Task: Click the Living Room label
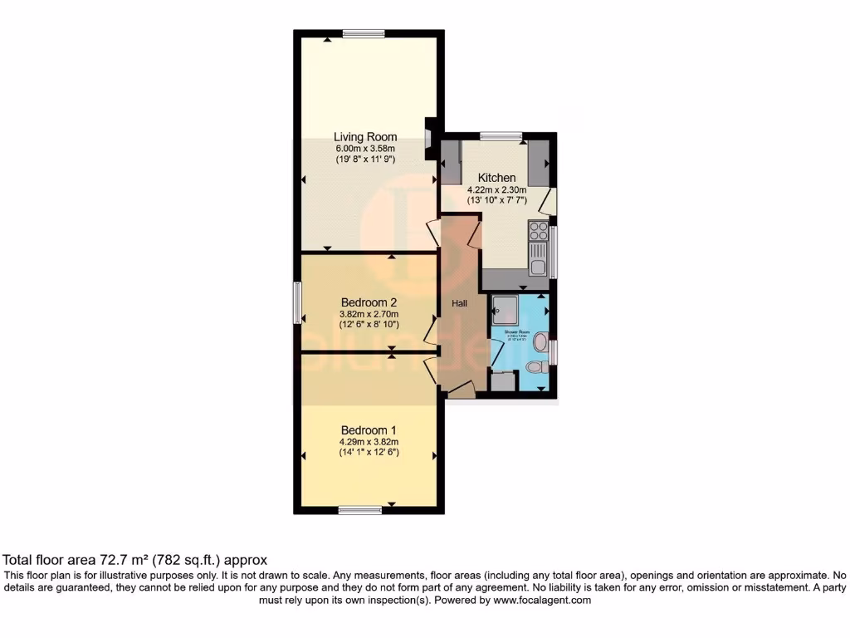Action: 365,137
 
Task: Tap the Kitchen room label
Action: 496,178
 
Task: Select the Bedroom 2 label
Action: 369,302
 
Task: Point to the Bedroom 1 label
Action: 369,429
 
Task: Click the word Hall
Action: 459,304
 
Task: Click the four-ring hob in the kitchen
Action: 538,230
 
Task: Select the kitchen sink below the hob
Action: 538,258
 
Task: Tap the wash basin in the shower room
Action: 540,341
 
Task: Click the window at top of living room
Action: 363,33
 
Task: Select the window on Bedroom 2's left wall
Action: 297,302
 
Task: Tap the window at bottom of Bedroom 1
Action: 359,510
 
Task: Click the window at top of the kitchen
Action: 501,135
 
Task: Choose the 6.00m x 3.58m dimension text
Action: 365,150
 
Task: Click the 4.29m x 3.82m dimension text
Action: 369,442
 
